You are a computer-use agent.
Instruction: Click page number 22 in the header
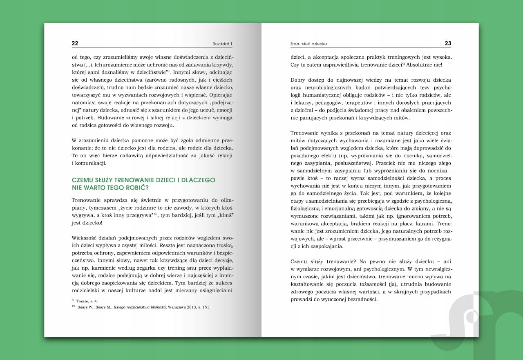[75, 43]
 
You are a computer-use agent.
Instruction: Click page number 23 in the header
[448, 43]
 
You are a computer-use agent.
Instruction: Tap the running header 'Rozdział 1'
[222, 44]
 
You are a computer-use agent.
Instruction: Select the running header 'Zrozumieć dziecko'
[308, 44]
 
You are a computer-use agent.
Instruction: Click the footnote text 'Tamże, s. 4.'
[87, 301]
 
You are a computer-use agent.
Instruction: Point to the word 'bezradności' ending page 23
[360, 299]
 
